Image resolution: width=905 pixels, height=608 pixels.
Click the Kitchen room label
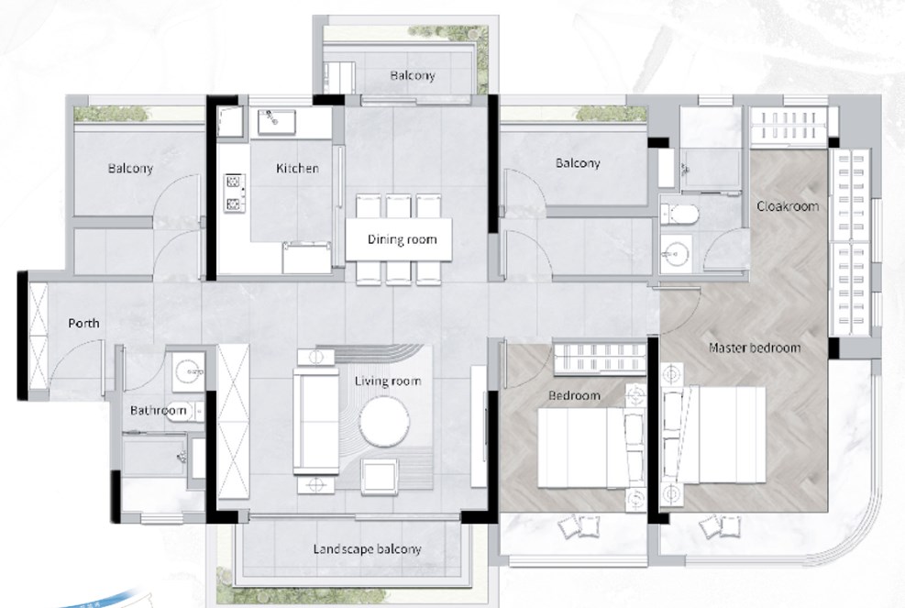pos(297,168)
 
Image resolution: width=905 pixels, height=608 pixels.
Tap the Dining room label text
pos(402,239)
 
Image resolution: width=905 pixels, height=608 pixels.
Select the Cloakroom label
pos(788,206)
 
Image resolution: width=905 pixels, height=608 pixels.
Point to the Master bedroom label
pos(755,348)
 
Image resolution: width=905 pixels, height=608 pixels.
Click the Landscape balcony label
pos(367,549)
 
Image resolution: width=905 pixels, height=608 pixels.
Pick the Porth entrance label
pos(83,323)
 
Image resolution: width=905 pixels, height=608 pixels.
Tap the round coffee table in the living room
pos(384,420)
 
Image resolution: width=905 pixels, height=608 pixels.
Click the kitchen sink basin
pos(277,122)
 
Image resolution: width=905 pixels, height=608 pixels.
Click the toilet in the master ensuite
pos(679,215)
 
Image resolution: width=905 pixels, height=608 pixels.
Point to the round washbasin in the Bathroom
pos(188,370)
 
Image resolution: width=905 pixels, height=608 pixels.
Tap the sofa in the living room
pos(315,420)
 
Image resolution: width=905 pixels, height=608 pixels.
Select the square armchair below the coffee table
pos(379,476)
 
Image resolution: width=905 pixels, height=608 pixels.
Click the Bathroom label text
pos(158,411)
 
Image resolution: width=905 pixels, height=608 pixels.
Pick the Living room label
pos(387,381)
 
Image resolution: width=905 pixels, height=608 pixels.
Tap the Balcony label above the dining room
pos(412,75)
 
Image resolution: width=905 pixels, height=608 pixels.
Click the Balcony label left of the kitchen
pos(130,169)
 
